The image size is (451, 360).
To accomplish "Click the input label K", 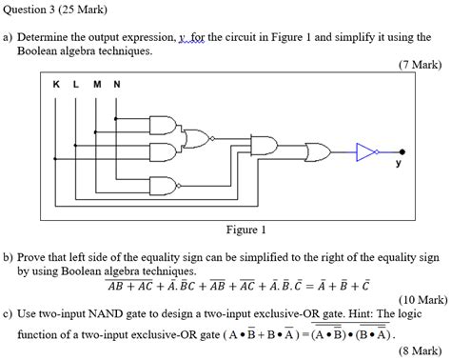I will [56, 84].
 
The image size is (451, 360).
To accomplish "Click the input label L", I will [76, 84].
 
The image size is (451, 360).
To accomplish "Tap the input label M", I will [97, 84].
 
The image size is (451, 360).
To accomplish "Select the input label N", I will [117, 84].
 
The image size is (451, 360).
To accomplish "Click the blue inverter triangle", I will [365, 150].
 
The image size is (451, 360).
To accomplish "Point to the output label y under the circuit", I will [399, 163].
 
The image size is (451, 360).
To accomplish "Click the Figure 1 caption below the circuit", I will [245, 230].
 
